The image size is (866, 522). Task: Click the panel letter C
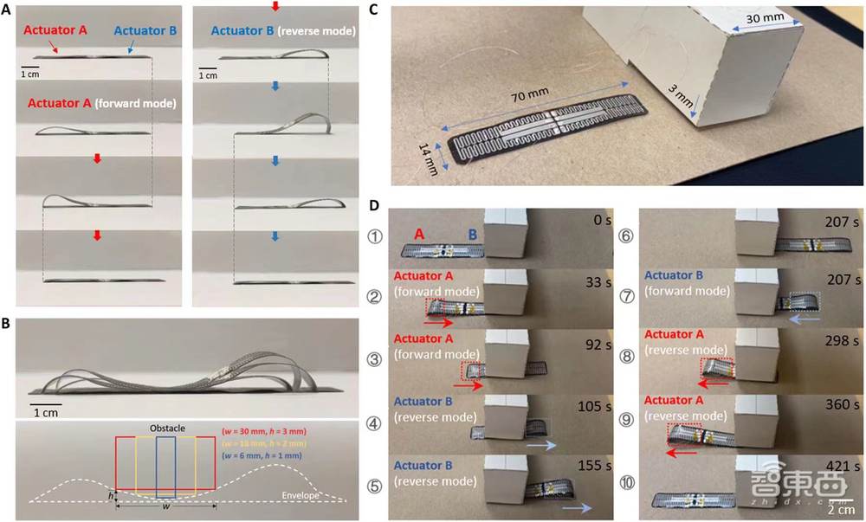point(373,11)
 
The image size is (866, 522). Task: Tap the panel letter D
point(374,207)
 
